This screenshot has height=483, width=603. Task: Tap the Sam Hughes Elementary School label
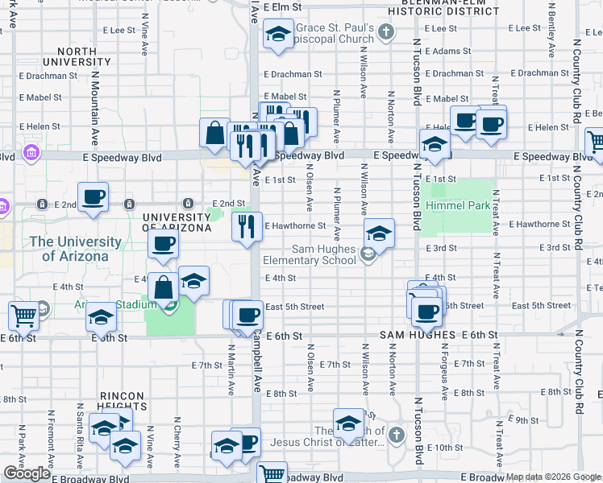[312, 254]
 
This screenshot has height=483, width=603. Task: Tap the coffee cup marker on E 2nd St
[93, 197]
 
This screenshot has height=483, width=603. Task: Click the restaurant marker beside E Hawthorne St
[247, 226]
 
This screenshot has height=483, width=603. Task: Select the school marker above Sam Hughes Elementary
[378, 233]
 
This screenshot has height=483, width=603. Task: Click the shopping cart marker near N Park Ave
[23, 316]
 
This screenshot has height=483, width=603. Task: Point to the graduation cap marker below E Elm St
[278, 35]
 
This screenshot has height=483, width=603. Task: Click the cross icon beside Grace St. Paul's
[385, 32]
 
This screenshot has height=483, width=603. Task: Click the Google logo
[27, 473]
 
